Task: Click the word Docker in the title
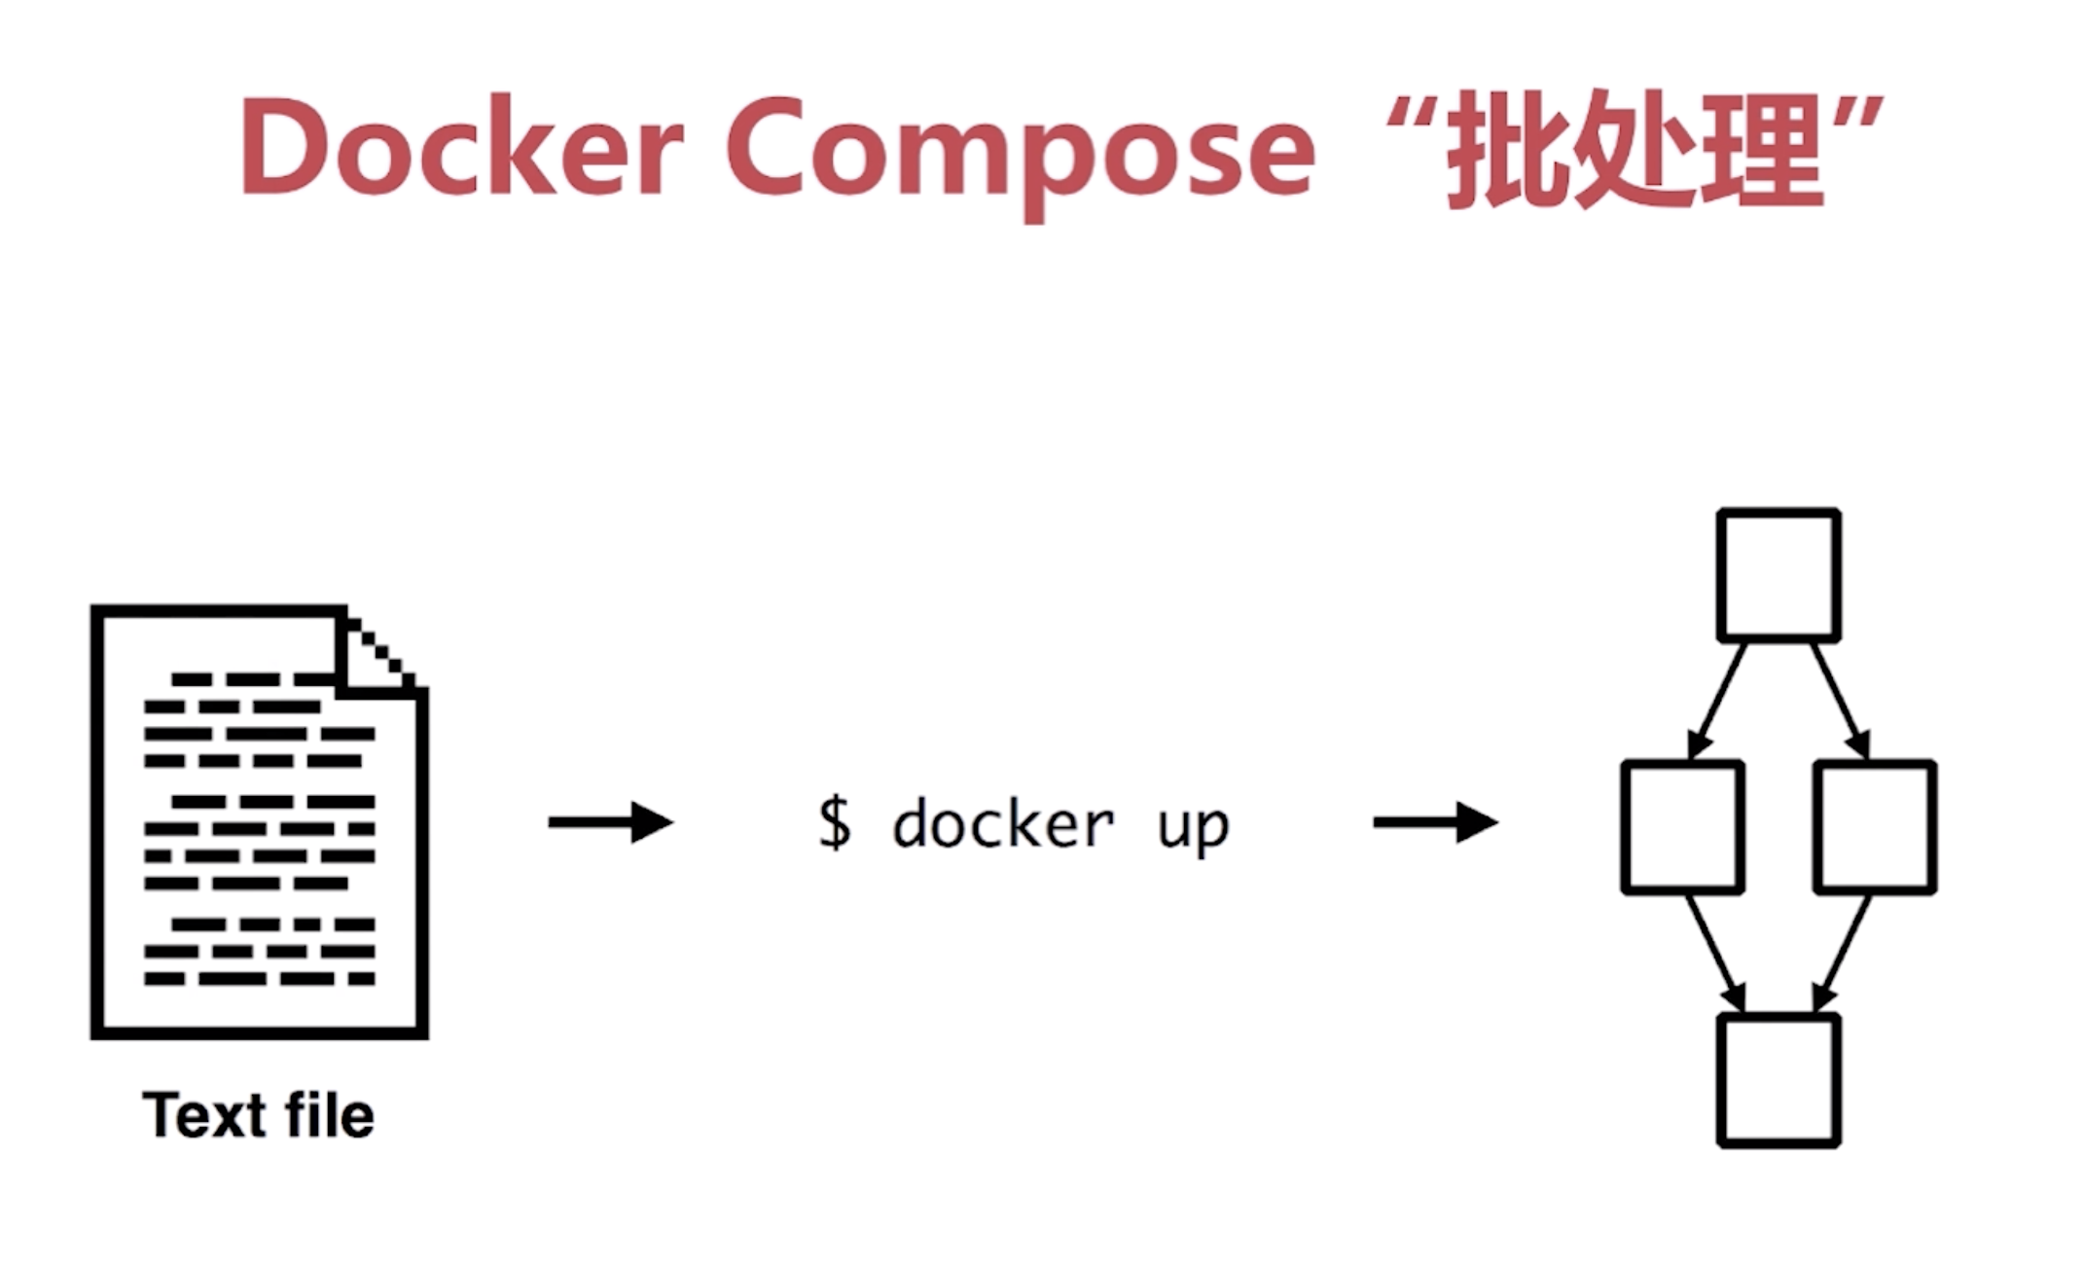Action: coord(461,149)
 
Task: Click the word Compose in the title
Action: coord(1019,151)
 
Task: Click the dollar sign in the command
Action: coord(834,823)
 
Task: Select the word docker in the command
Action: coord(1003,825)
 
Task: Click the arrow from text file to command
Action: coord(610,822)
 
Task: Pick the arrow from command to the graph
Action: coord(1435,822)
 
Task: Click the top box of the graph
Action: coord(1778,575)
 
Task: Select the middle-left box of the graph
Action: coord(1681,827)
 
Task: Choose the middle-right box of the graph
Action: coord(1874,827)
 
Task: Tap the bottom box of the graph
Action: coord(1778,1080)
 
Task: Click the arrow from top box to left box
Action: coord(1717,700)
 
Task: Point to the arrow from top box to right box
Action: coord(1840,700)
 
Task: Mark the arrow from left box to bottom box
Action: coord(1716,954)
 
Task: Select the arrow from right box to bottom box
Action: coord(1841,954)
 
